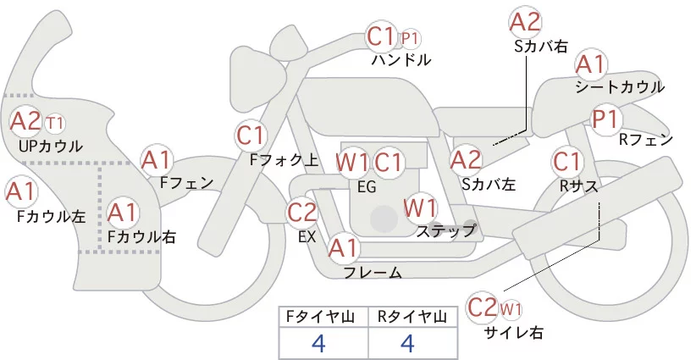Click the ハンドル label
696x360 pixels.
click(x=400, y=60)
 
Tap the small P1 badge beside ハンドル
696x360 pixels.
click(x=410, y=38)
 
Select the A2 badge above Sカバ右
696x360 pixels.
click(x=525, y=22)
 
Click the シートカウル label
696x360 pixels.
click(x=619, y=87)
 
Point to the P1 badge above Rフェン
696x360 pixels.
click(x=606, y=119)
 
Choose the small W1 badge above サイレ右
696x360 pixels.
click(x=511, y=308)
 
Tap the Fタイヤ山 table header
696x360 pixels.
click(x=323, y=317)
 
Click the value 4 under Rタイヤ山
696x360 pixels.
click(x=406, y=344)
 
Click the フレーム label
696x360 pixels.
click(x=373, y=272)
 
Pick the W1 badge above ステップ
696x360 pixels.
click(x=420, y=207)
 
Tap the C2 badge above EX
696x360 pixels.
click(x=302, y=213)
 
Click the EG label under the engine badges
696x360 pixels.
click(x=367, y=186)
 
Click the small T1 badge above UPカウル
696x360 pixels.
click(x=54, y=124)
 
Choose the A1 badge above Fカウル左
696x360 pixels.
click(x=20, y=191)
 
